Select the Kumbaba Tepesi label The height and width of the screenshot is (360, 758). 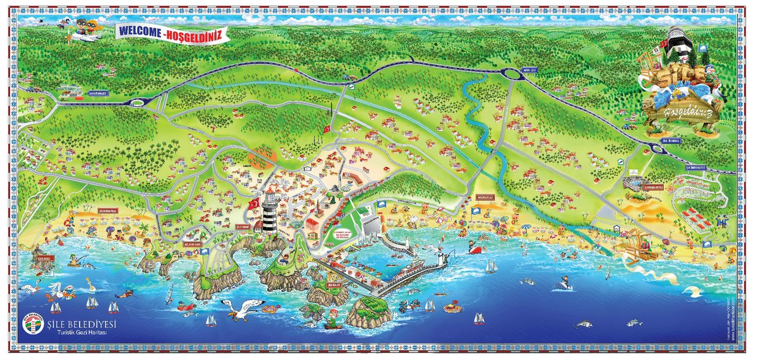653,188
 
